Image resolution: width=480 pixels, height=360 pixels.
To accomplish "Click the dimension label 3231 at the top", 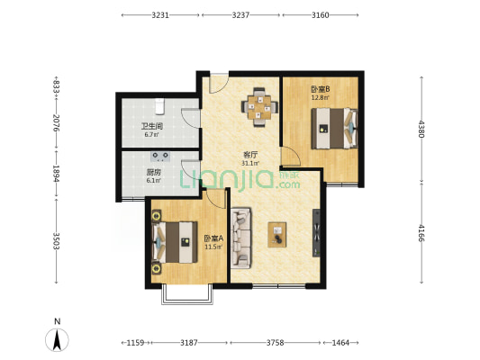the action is click(x=160, y=15).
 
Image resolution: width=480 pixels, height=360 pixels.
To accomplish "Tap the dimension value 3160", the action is click(x=321, y=15).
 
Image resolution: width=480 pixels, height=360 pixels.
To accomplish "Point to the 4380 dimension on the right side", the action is click(x=421, y=129).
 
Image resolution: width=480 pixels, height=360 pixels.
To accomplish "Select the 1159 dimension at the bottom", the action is click(x=135, y=343).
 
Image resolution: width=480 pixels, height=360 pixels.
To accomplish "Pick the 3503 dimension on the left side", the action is click(x=57, y=240).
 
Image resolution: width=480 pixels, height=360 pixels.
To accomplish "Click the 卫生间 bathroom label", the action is click(x=152, y=126).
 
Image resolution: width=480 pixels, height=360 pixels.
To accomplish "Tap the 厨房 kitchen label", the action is click(x=153, y=173).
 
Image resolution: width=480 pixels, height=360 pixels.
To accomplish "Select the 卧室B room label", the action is click(x=321, y=89).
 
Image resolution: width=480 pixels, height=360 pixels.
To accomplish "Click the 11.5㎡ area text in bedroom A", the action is click(x=213, y=247).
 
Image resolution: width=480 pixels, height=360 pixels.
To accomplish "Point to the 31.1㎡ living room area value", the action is click(x=250, y=163).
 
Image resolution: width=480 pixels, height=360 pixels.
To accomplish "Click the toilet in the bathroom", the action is click(x=159, y=106).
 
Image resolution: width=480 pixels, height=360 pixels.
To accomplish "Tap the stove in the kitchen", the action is click(x=160, y=157).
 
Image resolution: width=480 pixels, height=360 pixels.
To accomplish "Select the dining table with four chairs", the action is click(x=259, y=107).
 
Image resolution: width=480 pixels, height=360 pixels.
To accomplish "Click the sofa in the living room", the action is click(x=241, y=238).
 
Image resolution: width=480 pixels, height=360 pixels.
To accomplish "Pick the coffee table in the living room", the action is click(x=277, y=235).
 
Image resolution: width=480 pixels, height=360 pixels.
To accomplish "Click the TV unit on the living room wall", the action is click(x=316, y=233).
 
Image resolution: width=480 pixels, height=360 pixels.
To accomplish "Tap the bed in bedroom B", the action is click(x=334, y=129).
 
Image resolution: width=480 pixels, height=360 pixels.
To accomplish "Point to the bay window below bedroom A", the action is click(x=187, y=295).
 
